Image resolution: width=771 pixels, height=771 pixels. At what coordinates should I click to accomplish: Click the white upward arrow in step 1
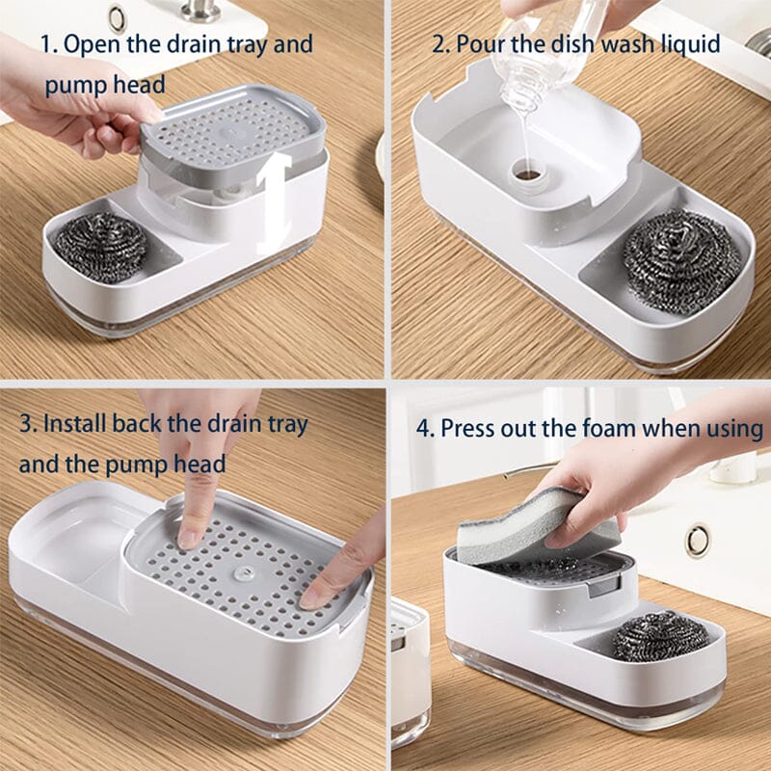273,201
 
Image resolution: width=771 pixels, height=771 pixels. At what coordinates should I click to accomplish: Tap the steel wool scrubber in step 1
101,247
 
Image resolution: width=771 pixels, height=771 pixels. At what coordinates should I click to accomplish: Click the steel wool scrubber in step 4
660,636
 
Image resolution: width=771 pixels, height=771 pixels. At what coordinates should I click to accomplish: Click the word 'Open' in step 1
92,45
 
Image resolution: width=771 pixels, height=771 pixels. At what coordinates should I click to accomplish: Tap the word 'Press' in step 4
467,428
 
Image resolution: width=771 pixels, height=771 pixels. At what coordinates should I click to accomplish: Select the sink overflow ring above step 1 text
118,18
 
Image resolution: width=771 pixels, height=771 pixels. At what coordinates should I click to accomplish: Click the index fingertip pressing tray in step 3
189,540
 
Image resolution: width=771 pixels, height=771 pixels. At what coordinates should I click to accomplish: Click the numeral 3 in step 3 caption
26,424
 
